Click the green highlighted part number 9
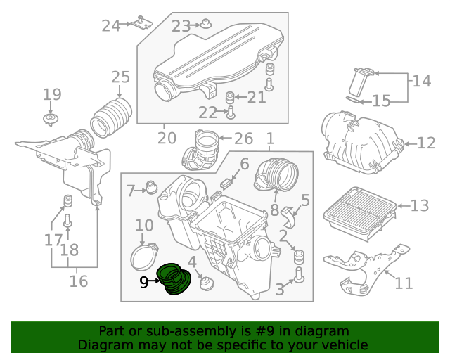174,279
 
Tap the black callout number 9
144,283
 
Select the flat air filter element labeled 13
360,213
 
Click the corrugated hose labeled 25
111,117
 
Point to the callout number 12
426,143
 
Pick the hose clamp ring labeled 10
143,257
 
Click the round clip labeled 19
50,119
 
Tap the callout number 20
167,139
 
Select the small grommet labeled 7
152,187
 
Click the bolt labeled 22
231,112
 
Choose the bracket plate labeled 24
142,22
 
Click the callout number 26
244,139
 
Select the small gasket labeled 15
352,100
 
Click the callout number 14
422,81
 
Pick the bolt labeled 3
299,275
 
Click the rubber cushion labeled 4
207,283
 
